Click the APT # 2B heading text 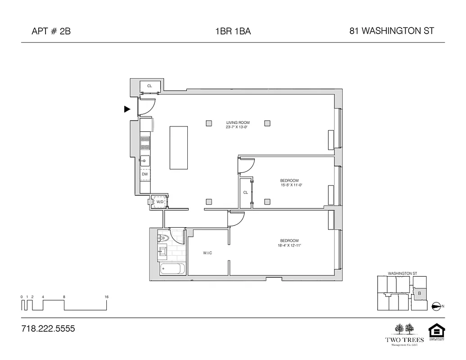tap(51, 31)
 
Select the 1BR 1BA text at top tap(233, 31)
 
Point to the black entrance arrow tap(127, 109)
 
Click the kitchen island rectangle tap(179, 148)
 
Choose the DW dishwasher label tap(145, 174)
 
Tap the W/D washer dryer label tap(159, 202)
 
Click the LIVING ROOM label tap(238, 122)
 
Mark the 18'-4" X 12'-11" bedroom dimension tap(289, 245)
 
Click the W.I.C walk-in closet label tap(207, 253)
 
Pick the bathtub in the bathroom tap(172, 270)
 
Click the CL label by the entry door tap(149, 85)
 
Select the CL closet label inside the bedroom tap(245, 192)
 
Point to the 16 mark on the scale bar tap(106, 297)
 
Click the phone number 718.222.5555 tap(48, 329)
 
